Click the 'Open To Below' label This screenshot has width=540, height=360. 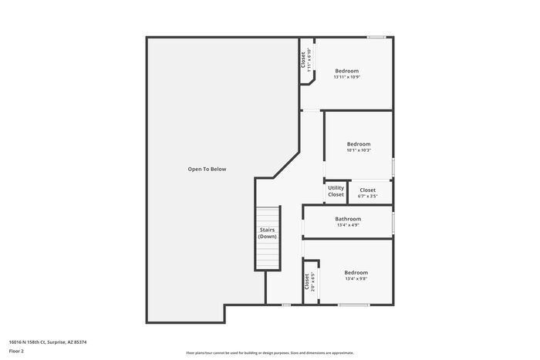coord(207,169)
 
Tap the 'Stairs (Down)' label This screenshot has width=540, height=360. coord(268,233)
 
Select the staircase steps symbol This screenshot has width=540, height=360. coord(267,239)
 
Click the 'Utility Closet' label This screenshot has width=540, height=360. coord(336,191)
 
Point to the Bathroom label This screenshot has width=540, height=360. coord(348,219)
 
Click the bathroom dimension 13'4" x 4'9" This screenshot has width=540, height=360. coord(348,225)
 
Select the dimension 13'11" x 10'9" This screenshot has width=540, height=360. coord(347,77)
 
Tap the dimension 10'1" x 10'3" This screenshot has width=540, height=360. coord(359,150)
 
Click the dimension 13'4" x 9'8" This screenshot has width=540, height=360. coord(356,278)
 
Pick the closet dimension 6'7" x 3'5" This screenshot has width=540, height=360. coord(367,196)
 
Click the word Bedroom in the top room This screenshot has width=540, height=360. coord(347,71)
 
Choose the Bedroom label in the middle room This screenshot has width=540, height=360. coord(359,144)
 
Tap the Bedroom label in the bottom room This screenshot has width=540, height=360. coord(356,272)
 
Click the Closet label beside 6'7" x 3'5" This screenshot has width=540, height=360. coord(367,190)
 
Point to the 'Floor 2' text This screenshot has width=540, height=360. coord(17,351)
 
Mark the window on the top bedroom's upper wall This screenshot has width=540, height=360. coord(376,37)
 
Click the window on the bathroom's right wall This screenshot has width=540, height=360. coord(393,221)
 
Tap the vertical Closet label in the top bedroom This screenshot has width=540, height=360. coord(303,61)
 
